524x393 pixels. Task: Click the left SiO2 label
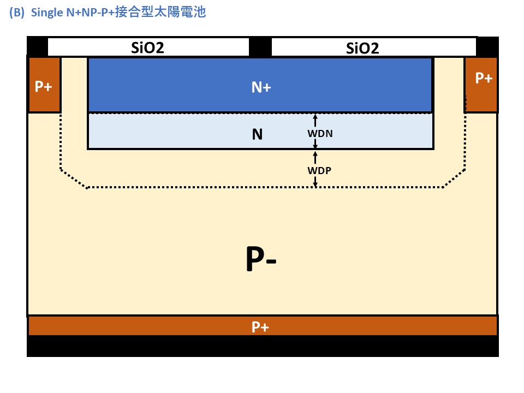[x=148, y=47]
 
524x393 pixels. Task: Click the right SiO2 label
[x=362, y=48]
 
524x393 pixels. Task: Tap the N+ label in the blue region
[x=260, y=87]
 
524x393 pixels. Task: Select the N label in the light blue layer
[x=257, y=134]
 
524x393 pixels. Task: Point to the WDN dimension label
[x=319, y=133]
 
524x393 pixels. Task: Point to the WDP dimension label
[x=319, y=170]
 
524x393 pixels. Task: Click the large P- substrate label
[x=260, y=261]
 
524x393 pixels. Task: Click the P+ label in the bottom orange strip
[x=260, y=327]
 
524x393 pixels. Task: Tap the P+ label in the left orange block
[x=43, y=87]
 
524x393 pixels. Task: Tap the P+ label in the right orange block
[x=484, y=78]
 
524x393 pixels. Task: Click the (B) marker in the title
[x=17, y=13]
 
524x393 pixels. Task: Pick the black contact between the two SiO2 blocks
[x=260, y=47]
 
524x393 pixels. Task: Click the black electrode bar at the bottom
[x=262, y=347]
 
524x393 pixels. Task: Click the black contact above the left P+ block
[x=37, y=46]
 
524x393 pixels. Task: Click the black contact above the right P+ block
[x=487, y=46]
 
